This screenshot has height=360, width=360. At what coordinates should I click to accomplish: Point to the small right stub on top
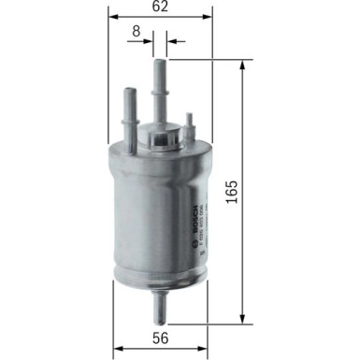[191, 125]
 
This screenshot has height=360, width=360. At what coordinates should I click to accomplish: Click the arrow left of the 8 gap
[149, 41]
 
